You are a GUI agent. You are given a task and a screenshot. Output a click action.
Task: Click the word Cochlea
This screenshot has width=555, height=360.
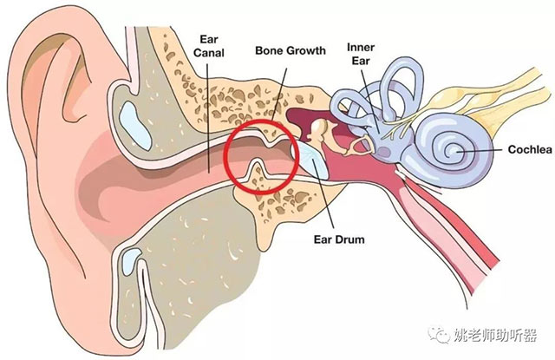click(530, 149)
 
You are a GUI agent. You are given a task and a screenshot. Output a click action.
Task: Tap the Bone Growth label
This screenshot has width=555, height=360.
click(291, 50)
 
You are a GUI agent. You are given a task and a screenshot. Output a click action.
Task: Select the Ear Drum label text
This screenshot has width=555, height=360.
click(339, 239)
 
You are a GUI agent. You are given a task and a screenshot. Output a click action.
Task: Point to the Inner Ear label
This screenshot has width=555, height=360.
click(361, 54)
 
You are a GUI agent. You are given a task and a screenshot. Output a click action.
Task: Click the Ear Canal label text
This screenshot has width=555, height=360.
click(209, 46)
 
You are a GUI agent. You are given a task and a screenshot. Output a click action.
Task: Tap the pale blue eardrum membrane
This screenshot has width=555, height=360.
click(310, 159)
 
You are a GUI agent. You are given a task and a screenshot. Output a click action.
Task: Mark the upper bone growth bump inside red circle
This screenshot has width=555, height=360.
click(271, 139)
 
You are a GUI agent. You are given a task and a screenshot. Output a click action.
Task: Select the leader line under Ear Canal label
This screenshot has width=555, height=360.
click(208, 118)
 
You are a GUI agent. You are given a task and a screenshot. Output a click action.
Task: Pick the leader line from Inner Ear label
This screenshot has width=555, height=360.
click(370, 101)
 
